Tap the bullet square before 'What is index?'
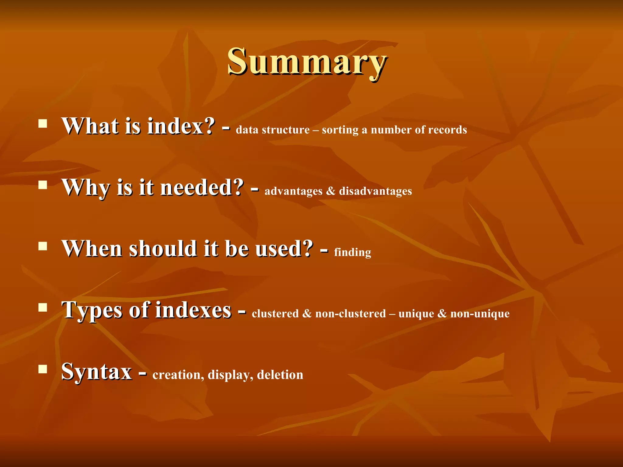(x=43, y=123)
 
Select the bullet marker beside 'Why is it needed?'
(x=43, y=185)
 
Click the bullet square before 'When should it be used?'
(x=43, y=246)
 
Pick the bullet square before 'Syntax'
(x=43, y=369)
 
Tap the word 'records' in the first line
(x=447, y=130)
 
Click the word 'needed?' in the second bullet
(x=202, y=187)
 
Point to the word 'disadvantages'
(x=375, y=191)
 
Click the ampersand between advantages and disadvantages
(x=331, y=191)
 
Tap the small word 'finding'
(x=352, y=253)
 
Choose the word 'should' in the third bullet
(x=163, y=249)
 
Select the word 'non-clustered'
(x=350, y=313)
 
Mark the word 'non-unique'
(x=480, y=314)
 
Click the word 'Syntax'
(x=96, y=372)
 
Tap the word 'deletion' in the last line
(x=280, y=375)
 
